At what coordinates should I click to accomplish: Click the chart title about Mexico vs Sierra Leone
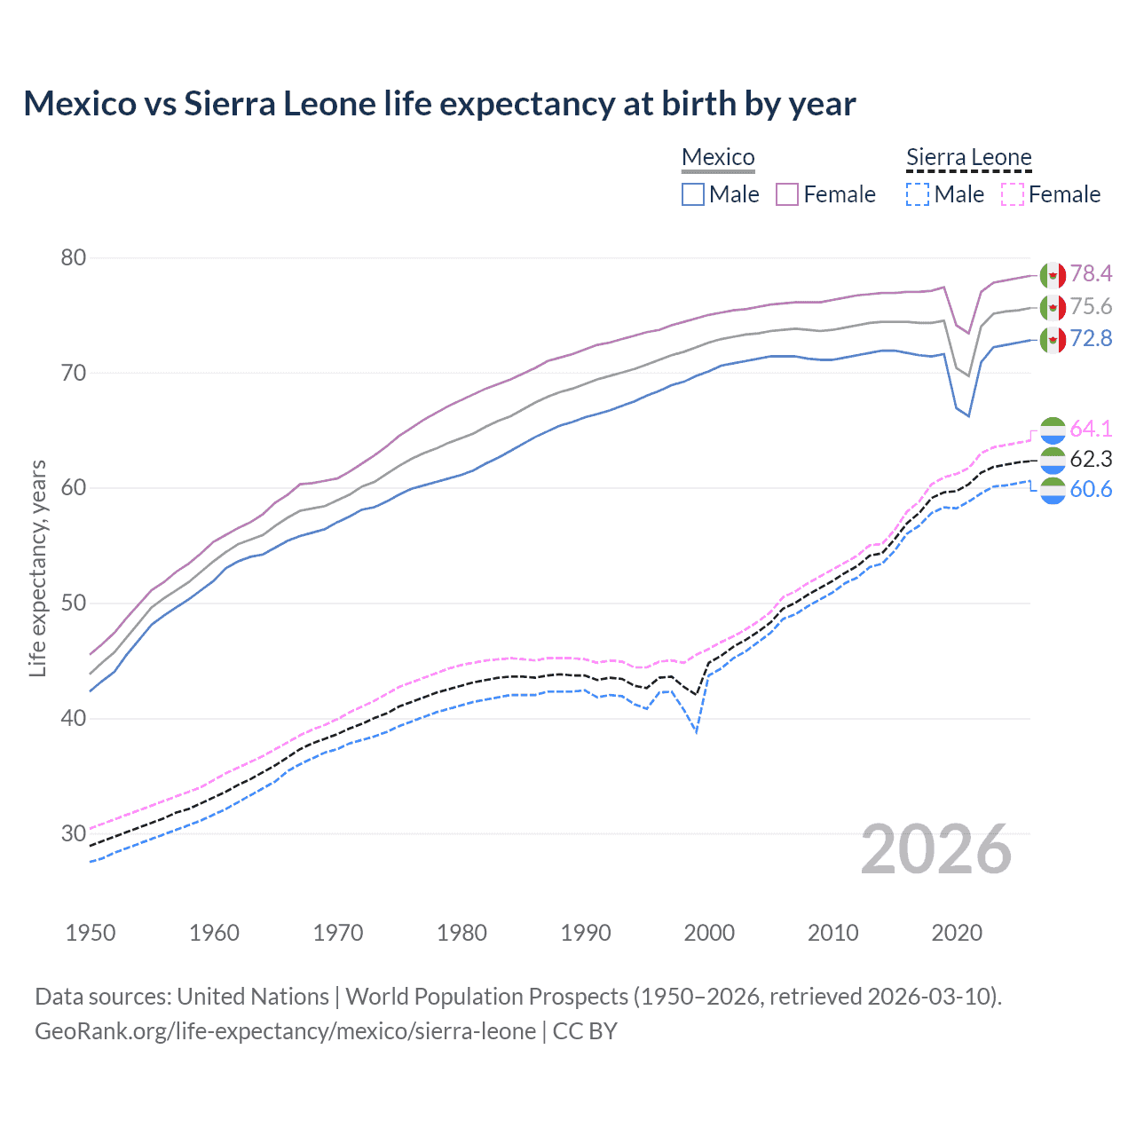pos(439,104)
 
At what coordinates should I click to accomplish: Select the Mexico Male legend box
pos(693,194)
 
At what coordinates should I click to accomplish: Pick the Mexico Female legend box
pos(787,194)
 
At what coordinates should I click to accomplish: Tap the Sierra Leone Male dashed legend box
pos(918,194)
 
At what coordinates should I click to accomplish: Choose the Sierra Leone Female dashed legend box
pos(1013,194)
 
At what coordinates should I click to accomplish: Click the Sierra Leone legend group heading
pos(968,157)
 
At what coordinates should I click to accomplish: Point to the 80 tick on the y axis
pos(74,258)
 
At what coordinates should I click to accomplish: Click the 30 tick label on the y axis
pos(74,833)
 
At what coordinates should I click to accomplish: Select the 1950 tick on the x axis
pos(91,933)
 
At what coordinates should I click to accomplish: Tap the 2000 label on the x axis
pos(709,933)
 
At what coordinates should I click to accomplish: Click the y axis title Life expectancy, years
pos(37,568)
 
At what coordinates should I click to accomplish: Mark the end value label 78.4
pos(1091,273)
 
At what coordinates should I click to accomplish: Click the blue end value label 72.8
pos(1091,338)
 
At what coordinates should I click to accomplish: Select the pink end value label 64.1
pos(1091,429)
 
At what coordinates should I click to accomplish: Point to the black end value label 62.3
pos(1091,459)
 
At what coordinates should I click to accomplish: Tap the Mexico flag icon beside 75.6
pos(1053,308)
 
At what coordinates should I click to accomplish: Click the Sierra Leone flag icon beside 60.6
pos(1053,491)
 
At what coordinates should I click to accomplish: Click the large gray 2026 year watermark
pos(936,849)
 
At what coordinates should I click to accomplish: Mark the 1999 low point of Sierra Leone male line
pos(697,732)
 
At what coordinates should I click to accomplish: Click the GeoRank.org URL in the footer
pos(285,1031)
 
